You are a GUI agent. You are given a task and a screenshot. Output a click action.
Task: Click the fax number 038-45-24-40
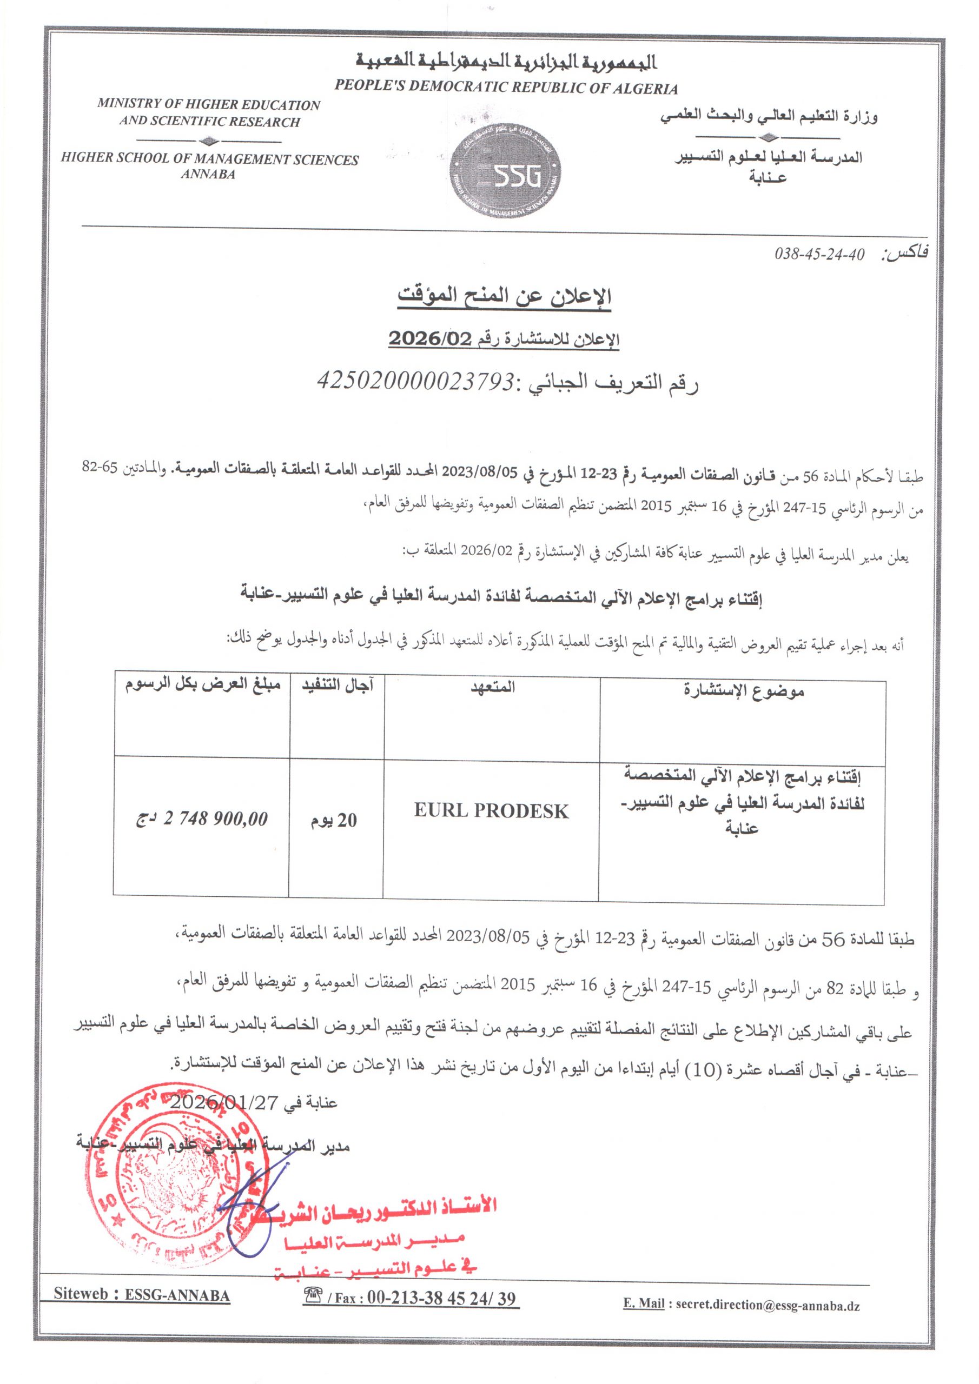(819, 255)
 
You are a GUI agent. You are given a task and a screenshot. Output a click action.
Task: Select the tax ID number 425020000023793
(416, 381)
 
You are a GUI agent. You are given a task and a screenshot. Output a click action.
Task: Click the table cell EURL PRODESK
(491, 811)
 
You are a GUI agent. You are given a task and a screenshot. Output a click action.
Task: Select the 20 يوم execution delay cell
(334, 820)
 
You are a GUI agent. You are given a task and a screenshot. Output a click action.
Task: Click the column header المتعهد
(493, 687)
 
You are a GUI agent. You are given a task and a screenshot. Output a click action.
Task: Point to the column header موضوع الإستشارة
(744, 691)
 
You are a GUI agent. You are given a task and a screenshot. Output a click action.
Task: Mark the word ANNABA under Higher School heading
(208, 175)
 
